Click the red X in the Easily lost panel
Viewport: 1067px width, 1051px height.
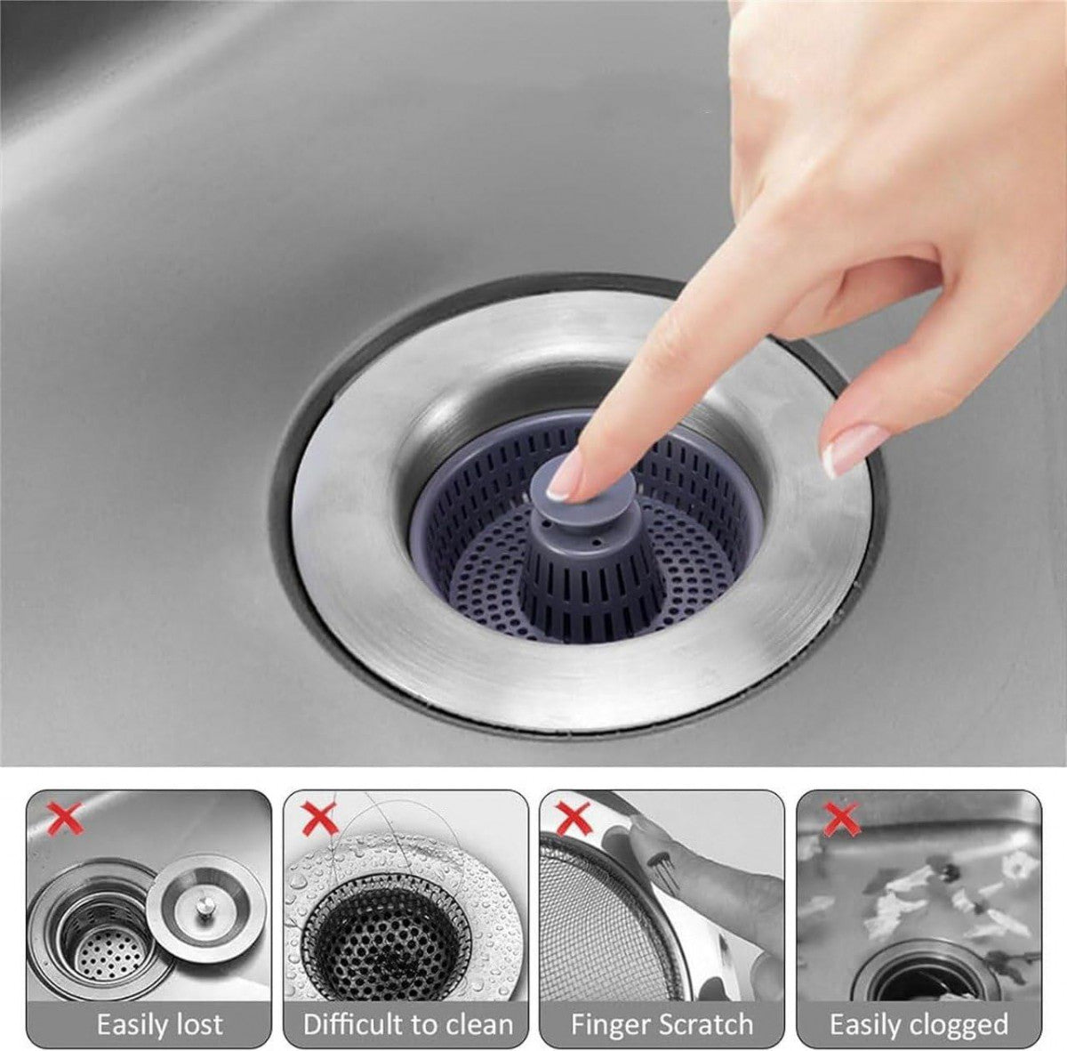tap(65, 816)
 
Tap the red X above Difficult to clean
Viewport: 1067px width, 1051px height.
tap(320, 817)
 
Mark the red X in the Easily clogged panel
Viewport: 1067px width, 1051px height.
tap(839, 817)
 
